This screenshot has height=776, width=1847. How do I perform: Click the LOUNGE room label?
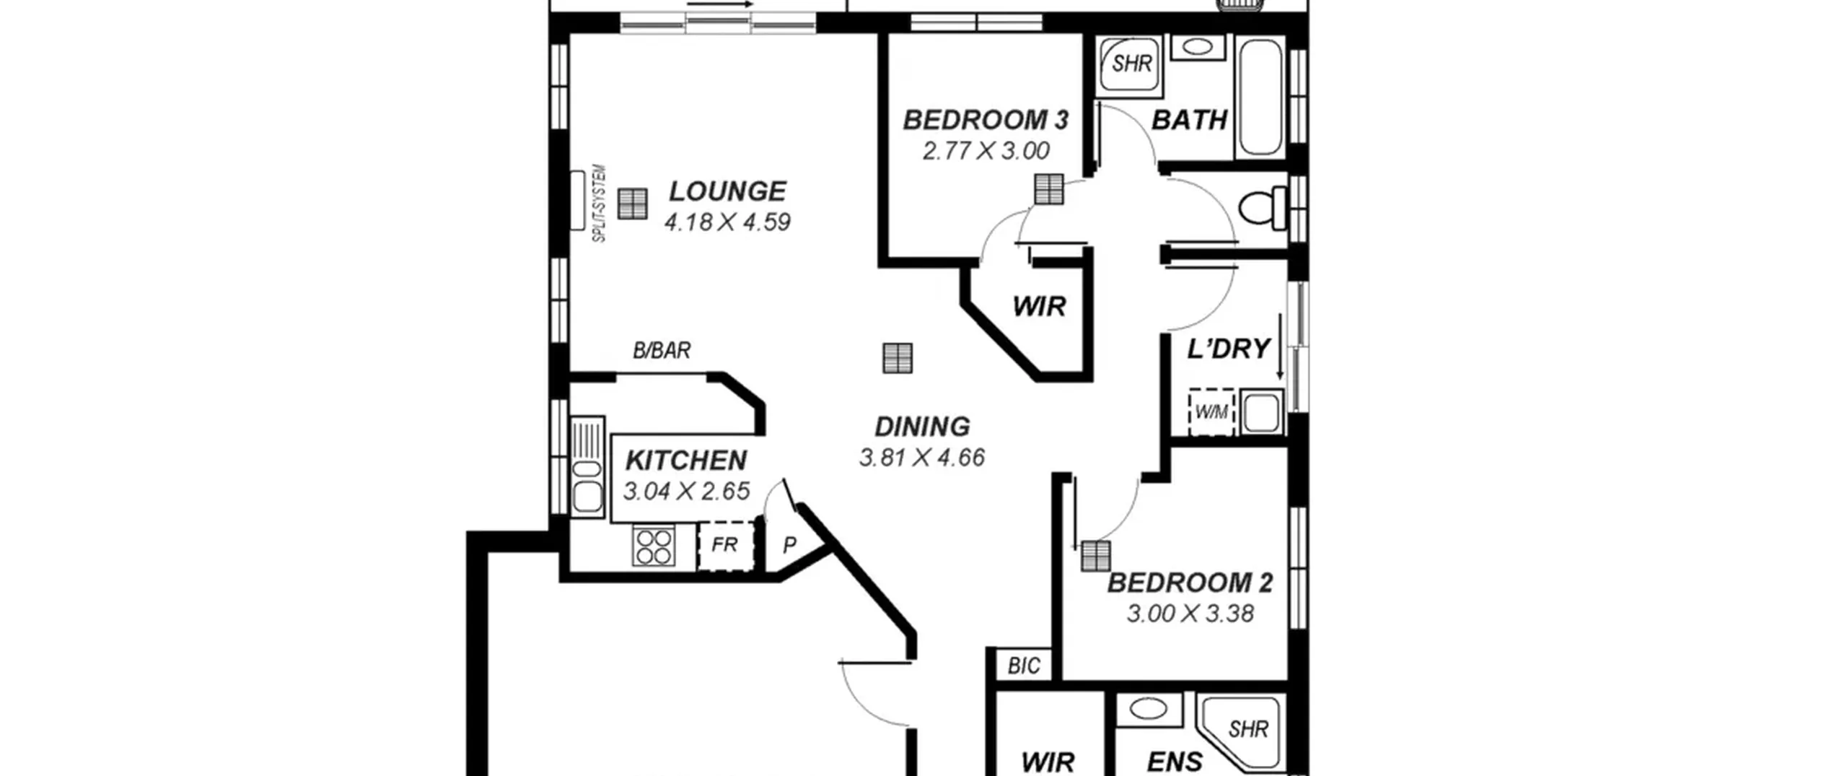727,191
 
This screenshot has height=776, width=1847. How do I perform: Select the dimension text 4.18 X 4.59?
727,222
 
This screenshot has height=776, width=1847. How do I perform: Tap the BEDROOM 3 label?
986,120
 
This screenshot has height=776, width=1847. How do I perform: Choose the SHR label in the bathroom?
1132,64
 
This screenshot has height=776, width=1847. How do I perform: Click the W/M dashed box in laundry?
1211,412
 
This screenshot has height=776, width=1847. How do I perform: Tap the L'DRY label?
1229,349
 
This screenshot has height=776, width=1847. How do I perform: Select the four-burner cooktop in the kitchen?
654,546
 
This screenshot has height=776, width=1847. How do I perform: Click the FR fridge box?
725,545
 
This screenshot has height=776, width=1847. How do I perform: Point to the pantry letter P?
790,545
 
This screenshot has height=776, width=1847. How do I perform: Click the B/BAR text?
662,351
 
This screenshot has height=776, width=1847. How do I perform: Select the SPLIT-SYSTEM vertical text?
600,204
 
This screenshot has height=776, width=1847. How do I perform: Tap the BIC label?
1024,666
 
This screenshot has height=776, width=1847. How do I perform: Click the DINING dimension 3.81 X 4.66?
922,458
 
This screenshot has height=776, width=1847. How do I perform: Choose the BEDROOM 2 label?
1190,583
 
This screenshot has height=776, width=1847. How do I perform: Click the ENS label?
1175,762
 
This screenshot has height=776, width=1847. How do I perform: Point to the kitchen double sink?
587,466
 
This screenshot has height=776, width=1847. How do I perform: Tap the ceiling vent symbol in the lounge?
633,204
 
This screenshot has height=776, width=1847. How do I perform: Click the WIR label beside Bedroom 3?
1039,306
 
